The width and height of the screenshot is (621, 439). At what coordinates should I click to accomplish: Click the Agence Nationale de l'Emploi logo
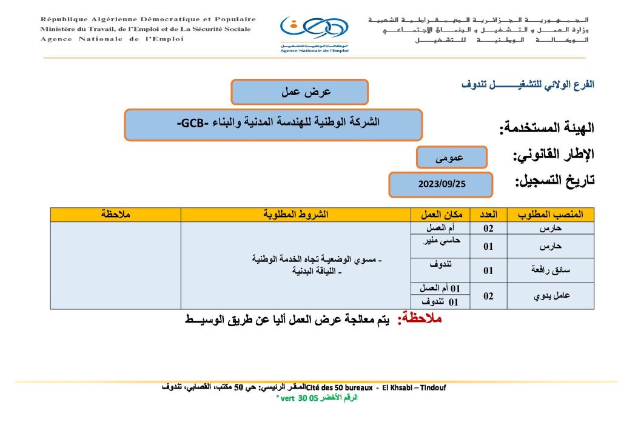point(314,33)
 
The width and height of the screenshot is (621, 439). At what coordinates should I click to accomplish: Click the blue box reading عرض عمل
point(300,92)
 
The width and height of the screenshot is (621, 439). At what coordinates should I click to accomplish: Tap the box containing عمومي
point(452,157)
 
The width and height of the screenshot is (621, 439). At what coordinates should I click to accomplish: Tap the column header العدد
point(489,215)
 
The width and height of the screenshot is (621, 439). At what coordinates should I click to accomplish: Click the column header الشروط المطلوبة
point(297,215)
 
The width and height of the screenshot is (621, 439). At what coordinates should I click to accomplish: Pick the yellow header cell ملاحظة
point(115,215)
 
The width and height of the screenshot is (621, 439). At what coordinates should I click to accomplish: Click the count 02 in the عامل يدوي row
point(488,296)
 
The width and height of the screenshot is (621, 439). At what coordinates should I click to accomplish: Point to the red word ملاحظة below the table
point(419,319)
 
